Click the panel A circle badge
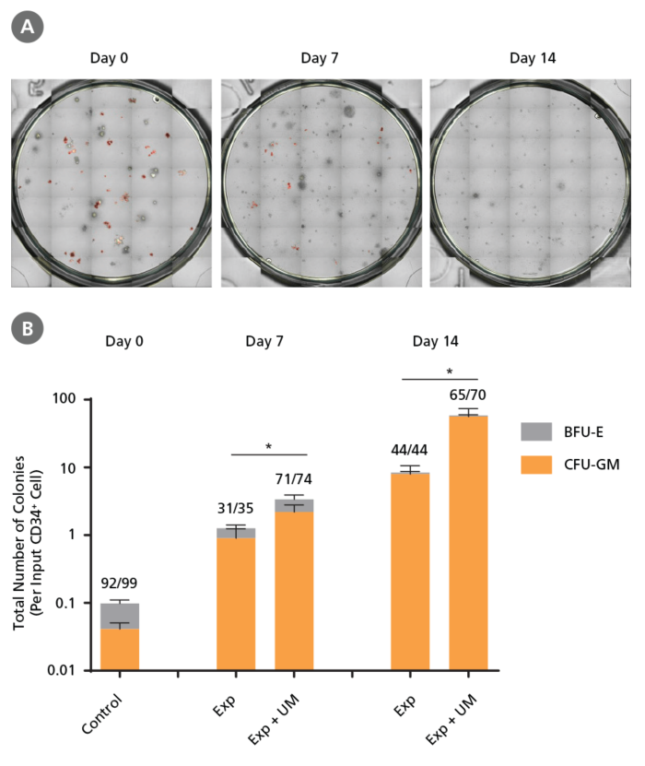point(26,26)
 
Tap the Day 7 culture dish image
point(319,181)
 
